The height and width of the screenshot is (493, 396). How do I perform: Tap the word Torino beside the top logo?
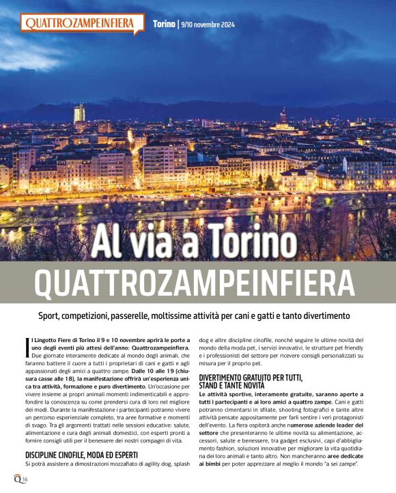(164, 25)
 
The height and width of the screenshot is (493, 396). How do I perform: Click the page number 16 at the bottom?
(25, 480)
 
